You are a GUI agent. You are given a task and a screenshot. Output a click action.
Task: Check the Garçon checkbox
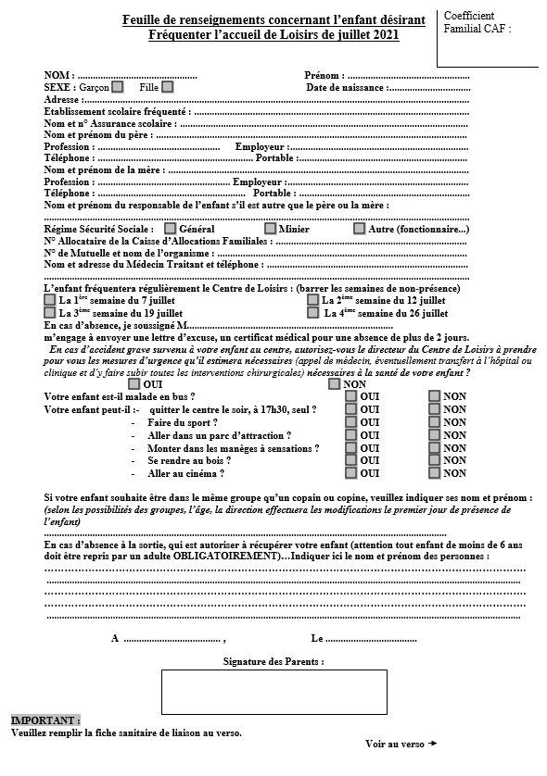(118, 88)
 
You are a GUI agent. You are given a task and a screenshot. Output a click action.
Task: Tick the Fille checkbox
(168, 88)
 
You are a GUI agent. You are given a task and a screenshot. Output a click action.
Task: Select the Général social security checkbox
(171, 229)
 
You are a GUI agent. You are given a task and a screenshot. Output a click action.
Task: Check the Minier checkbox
(271, 229)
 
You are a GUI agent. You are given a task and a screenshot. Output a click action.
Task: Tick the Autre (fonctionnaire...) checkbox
(360, 229)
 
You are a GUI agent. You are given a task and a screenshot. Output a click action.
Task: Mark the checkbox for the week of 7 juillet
(50, 300)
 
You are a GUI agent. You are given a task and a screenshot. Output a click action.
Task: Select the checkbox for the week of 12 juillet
(313, 300)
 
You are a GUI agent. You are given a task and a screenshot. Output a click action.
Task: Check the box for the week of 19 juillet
(50, 313)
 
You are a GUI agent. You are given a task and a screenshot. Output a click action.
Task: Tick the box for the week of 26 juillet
(313, 313)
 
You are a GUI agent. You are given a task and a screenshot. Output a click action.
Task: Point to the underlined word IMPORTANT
(45, 720)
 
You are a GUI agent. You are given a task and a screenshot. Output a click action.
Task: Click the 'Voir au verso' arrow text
(401, 744)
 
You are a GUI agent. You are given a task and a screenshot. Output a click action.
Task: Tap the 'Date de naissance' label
(347, 88)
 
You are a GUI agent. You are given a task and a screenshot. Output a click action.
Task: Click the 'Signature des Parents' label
(273, 662)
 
